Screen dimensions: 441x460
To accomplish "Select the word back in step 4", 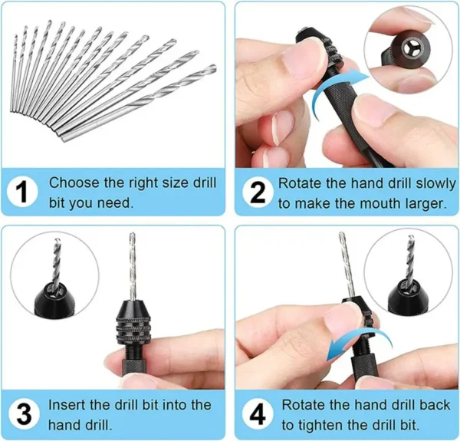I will point(431,403).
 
